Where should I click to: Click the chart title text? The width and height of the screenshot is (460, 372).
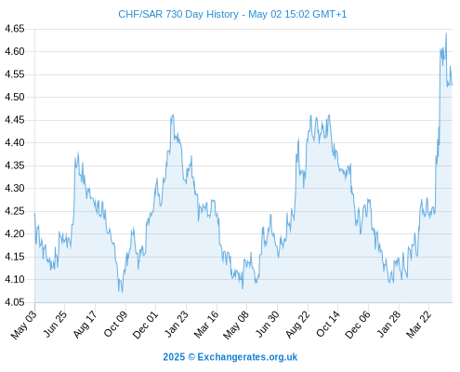[232, 14]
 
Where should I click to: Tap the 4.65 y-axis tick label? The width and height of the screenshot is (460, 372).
[14, 29]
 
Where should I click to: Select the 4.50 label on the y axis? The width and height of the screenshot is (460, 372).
[14, 97]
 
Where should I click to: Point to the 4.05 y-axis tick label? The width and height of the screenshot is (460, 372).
[14, 302]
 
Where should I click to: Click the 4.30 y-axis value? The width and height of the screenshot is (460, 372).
[14, 188]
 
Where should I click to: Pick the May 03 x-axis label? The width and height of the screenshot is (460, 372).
[23, 325]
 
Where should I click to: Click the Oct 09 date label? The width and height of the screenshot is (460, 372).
[115, 324]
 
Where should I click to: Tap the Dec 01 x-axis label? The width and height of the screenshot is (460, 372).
[145, 325]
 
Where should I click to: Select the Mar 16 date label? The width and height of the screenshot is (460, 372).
[205, 325]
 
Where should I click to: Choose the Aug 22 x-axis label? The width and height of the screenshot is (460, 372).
[297, 325]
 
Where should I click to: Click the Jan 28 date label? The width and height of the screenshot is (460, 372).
[388, 325]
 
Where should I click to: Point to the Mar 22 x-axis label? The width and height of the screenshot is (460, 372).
[418, 325]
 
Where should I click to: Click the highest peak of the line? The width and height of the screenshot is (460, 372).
[446, 33]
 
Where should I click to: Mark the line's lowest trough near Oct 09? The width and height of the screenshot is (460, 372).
[122, 292]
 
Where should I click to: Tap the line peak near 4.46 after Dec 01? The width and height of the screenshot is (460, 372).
[173, 115]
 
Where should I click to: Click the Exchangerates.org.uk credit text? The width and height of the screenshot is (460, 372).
[247, 357]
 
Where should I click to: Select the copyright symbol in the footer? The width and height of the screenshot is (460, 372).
[191, 357]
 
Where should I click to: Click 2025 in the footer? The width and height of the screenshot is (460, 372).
[174, 357]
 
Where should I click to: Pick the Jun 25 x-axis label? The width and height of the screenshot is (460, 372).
[54, 324]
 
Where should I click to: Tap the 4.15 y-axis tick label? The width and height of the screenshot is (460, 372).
[14, 257]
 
